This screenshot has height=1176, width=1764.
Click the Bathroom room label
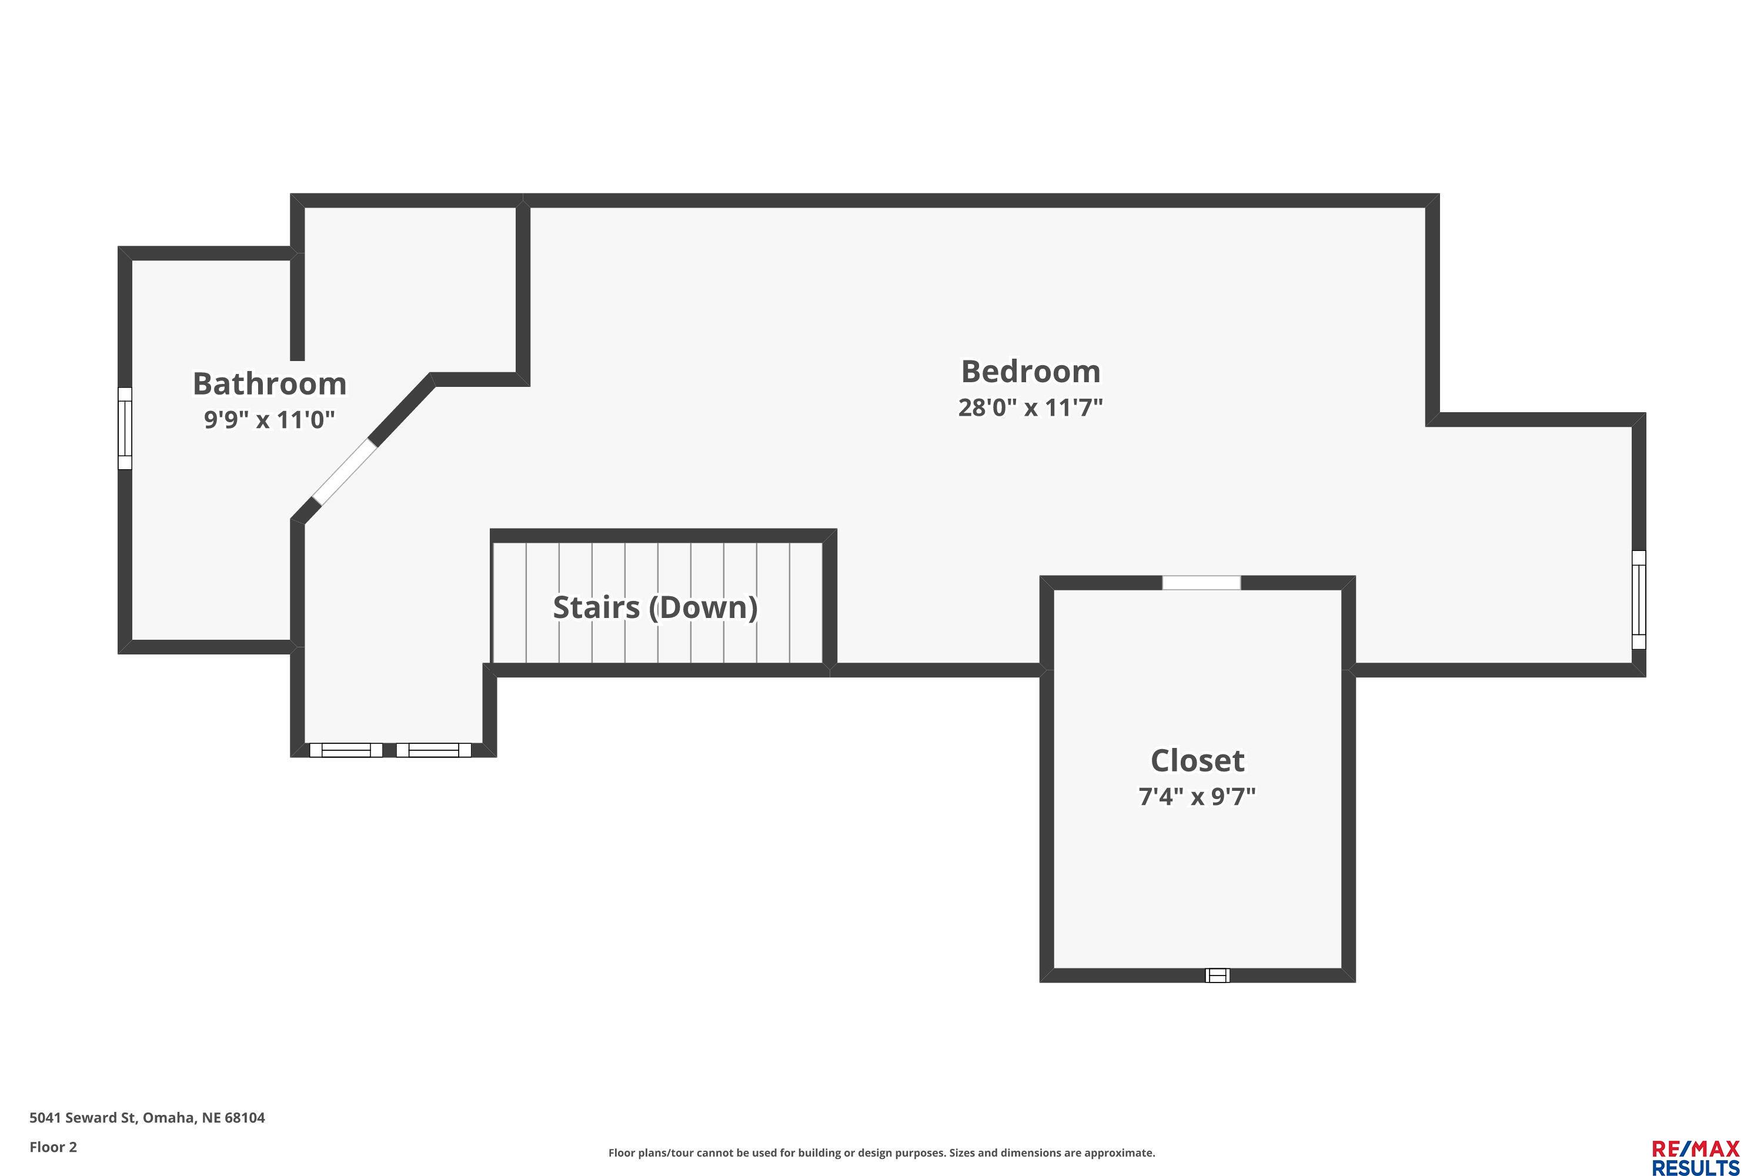269,384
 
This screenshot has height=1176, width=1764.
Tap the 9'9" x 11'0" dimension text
269,419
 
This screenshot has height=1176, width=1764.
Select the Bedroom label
1031,372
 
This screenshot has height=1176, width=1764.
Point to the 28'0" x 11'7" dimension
1031,407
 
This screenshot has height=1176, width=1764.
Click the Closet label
1197,760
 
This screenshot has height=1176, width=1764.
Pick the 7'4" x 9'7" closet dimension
1197,796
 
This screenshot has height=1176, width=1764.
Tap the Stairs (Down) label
655,607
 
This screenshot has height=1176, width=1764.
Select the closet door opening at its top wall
1201,583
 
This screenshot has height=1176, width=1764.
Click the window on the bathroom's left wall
125,428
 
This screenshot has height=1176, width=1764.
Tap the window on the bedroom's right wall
1639,599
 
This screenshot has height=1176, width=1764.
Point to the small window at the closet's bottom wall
1217,975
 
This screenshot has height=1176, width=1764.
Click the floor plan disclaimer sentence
881,1152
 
